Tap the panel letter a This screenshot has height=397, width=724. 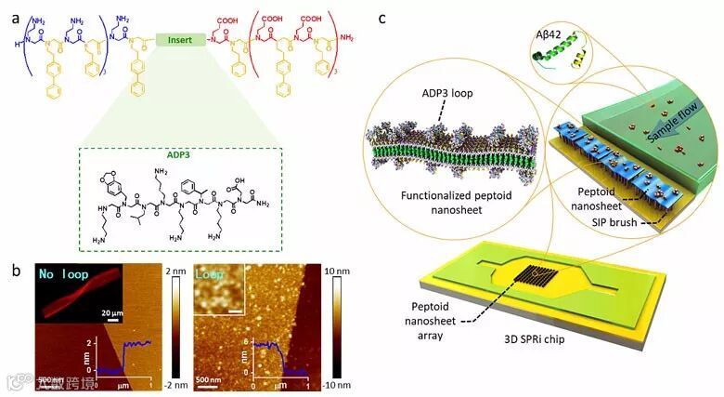11,10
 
